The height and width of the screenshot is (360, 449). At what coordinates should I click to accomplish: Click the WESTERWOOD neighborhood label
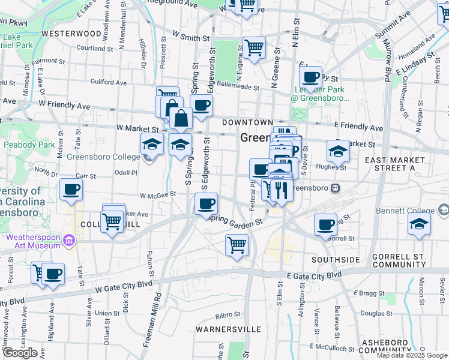[x=71, y=34]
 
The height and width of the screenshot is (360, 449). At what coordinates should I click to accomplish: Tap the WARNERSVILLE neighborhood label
[x=228, y=329]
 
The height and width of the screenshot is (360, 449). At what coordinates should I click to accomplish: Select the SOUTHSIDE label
[x=336, y=260]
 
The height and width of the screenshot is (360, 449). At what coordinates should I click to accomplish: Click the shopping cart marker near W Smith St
[x=255, y=47]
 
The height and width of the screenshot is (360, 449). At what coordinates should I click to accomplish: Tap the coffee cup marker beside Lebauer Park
[x=310, y=77]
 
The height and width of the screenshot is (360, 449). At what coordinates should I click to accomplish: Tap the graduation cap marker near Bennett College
[x=420, y=224]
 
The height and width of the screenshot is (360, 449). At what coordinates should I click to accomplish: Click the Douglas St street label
[x=376, y=313]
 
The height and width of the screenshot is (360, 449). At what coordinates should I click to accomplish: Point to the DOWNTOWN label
[x=247, y=122]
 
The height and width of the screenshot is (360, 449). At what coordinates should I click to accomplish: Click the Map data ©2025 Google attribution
[x=412, y=355]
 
